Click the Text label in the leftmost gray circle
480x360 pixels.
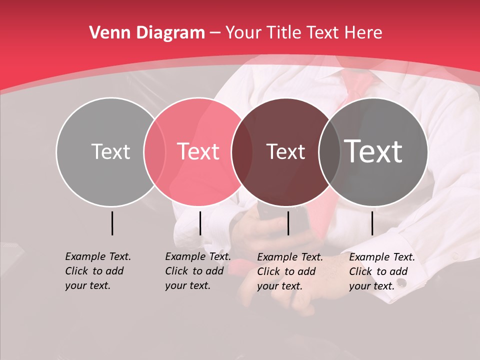pyautogui.click(x=110, y=151)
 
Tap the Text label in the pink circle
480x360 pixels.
pyautogui.click(x=198, y=151)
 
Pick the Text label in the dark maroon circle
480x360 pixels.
pyautogui.click(x=285, y=151)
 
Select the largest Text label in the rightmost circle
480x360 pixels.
pyautogui.click(x=373, y=151)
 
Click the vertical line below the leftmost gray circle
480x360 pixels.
pyautogui.click(x=112, y=223)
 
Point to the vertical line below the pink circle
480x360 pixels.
pyautogui.click(x=200, y=223)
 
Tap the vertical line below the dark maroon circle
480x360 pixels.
pyautogui.click(x=288, y=223)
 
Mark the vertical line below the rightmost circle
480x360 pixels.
pyautogui.click(x=372, y=223)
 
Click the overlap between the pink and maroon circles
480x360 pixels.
pyautogui.click(x=242, y=152)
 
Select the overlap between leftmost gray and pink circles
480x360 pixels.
pyautogui.click(x=154, y=152)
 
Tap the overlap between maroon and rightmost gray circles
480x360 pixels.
pyautogui.click(x=329, y=152)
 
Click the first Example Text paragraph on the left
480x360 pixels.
pyautogui.click(x=97, y=271)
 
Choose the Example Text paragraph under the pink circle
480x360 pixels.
pyautogui.click(x=197, y=271)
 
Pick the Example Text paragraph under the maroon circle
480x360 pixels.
pyautogui.click(x=289, y=271)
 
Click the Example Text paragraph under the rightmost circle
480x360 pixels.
pyautogui.click(x=381, y=271)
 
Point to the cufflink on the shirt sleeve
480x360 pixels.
pyautogui.click(x=401, y=283)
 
